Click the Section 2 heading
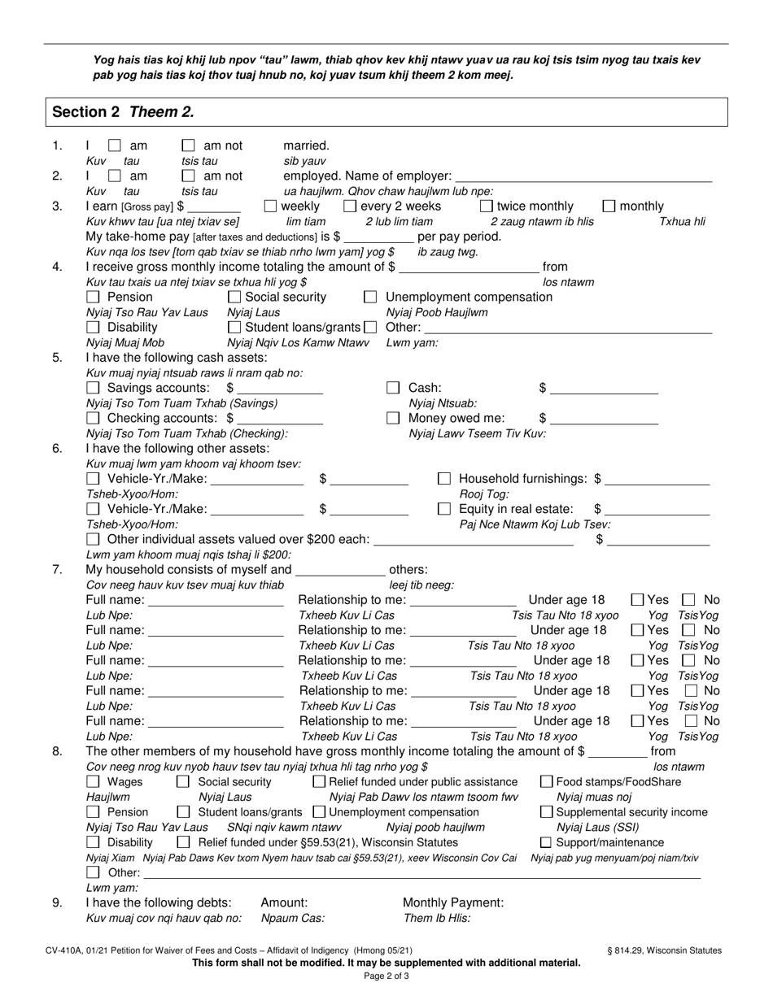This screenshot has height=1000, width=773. point(123,112)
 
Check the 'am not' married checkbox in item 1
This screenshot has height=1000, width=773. point(189,146)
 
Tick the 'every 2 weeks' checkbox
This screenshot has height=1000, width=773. point(350,207)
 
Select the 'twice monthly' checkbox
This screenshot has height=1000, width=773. point(486,207)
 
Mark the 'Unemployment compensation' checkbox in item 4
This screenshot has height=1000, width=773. point(370,297)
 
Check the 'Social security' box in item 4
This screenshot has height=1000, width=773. point(234,297)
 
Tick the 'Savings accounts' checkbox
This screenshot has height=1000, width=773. point(94,388)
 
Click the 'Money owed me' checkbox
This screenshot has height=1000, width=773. point(393,418)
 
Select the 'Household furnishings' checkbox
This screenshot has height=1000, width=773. point(444,479)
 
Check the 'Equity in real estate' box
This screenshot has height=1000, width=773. point(444,509)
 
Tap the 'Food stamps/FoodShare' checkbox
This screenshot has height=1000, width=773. point(546,782)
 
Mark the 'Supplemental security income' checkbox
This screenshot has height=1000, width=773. point(546,812)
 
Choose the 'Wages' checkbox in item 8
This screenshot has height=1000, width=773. point(94,782)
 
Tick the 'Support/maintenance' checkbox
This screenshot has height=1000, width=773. point(546,842)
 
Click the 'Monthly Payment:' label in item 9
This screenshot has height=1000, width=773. point(453,902)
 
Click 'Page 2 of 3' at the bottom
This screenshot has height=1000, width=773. point(386,976)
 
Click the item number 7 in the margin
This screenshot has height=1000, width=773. point(57,569)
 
